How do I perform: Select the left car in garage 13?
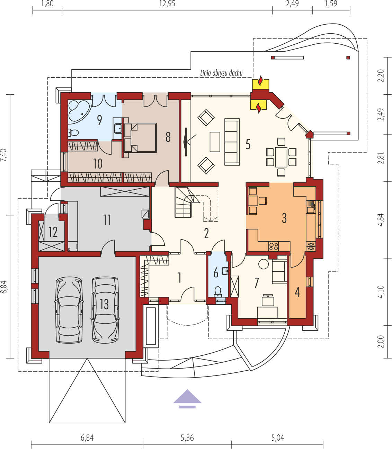[69, 310]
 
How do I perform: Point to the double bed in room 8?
[140, 138]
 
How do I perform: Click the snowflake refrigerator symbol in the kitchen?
[311, 247]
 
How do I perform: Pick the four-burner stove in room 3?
[274, 246]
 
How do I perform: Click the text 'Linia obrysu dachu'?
[221, 73]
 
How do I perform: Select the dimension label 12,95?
[167, 4]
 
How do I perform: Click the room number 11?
[107, 220]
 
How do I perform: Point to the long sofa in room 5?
[232, 142]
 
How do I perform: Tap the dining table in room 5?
[281, 157]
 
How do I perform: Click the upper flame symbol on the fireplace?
[260, 80]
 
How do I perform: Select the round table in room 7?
[264, 264]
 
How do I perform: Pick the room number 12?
[53, 232]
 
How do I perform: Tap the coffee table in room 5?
[215, 142]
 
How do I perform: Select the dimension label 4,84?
[381, 219]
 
